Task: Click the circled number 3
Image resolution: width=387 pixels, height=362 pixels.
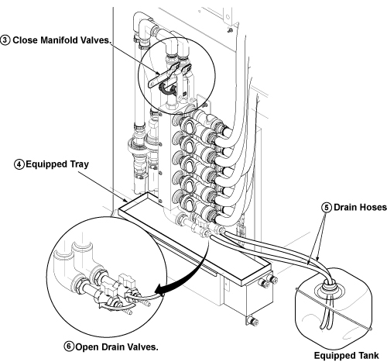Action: point(5,40)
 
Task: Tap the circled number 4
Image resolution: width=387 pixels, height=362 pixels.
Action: point(19,164)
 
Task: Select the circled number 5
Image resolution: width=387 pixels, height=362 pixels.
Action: point(327,207)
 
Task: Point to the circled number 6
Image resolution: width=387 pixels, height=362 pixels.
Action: point(69,346)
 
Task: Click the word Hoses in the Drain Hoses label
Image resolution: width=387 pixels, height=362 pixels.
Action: point(374,207)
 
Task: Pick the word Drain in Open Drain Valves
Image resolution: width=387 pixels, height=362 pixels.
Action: point(111,346)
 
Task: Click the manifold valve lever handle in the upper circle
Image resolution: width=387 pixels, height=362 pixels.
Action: point(163,75)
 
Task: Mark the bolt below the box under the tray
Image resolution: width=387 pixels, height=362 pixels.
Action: point(252,322)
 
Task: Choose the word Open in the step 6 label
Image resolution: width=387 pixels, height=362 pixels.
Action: point(87,347)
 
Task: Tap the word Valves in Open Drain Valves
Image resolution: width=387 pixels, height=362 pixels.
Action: point(142,346)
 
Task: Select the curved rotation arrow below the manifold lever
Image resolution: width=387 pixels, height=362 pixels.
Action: point(168,90)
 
